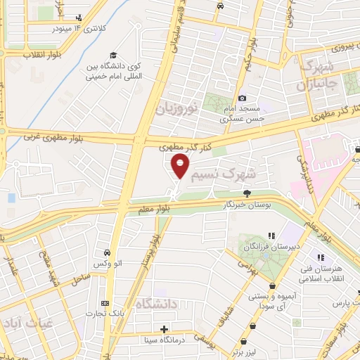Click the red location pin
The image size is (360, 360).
pyautogui.click(x=180, y=166)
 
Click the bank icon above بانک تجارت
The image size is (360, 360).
pyautogui.click(x=105, y=302)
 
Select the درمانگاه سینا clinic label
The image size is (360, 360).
pyautogui.click(x=164, y=339)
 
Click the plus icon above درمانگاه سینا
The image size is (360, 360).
pyautogui.click(x=164, y=328)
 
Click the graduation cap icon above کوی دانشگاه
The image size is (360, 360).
pyautogui.click(x=113, y=56)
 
